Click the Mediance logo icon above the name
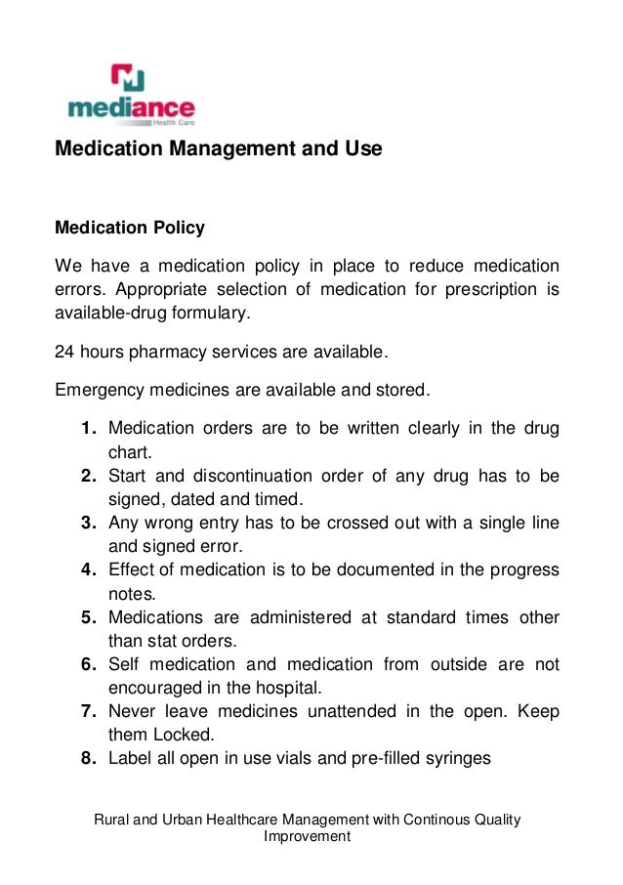[x=128, y=77]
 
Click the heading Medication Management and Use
[x=218, y=149]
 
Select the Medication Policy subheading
[x=130, y=228]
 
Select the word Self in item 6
[x=125, y=664]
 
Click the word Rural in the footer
[x=111, y=819]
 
